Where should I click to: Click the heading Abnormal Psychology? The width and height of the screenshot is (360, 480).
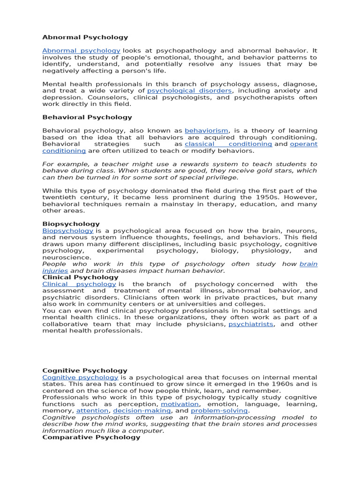[x=85, y=37]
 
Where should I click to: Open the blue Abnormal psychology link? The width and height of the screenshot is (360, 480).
[x=81, y=50]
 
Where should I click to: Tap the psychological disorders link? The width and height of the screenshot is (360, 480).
[x=189, y=90]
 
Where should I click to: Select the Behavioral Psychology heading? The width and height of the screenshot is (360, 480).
[x=87, y=117]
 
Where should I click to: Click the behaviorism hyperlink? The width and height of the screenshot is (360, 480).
[x=206, y=130]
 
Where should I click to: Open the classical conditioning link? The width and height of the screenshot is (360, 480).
[x=228, y=144]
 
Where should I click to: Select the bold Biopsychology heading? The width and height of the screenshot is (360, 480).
[x=71, y=224]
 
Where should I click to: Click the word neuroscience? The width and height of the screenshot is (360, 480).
[x=67, y=257]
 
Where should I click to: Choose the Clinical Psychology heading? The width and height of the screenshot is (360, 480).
[x=80, y=277]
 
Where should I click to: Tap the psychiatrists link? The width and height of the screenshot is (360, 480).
[x=251, y=324]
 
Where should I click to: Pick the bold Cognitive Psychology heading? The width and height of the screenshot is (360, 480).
[x=85, y=370]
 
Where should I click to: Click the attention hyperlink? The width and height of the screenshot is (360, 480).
[x=92, y=411]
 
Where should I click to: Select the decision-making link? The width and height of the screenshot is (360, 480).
[x=142, y=411]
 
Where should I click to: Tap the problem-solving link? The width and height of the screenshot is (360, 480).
[x=219, y=411]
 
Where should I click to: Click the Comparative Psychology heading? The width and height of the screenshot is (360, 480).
[x=91, y=437]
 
